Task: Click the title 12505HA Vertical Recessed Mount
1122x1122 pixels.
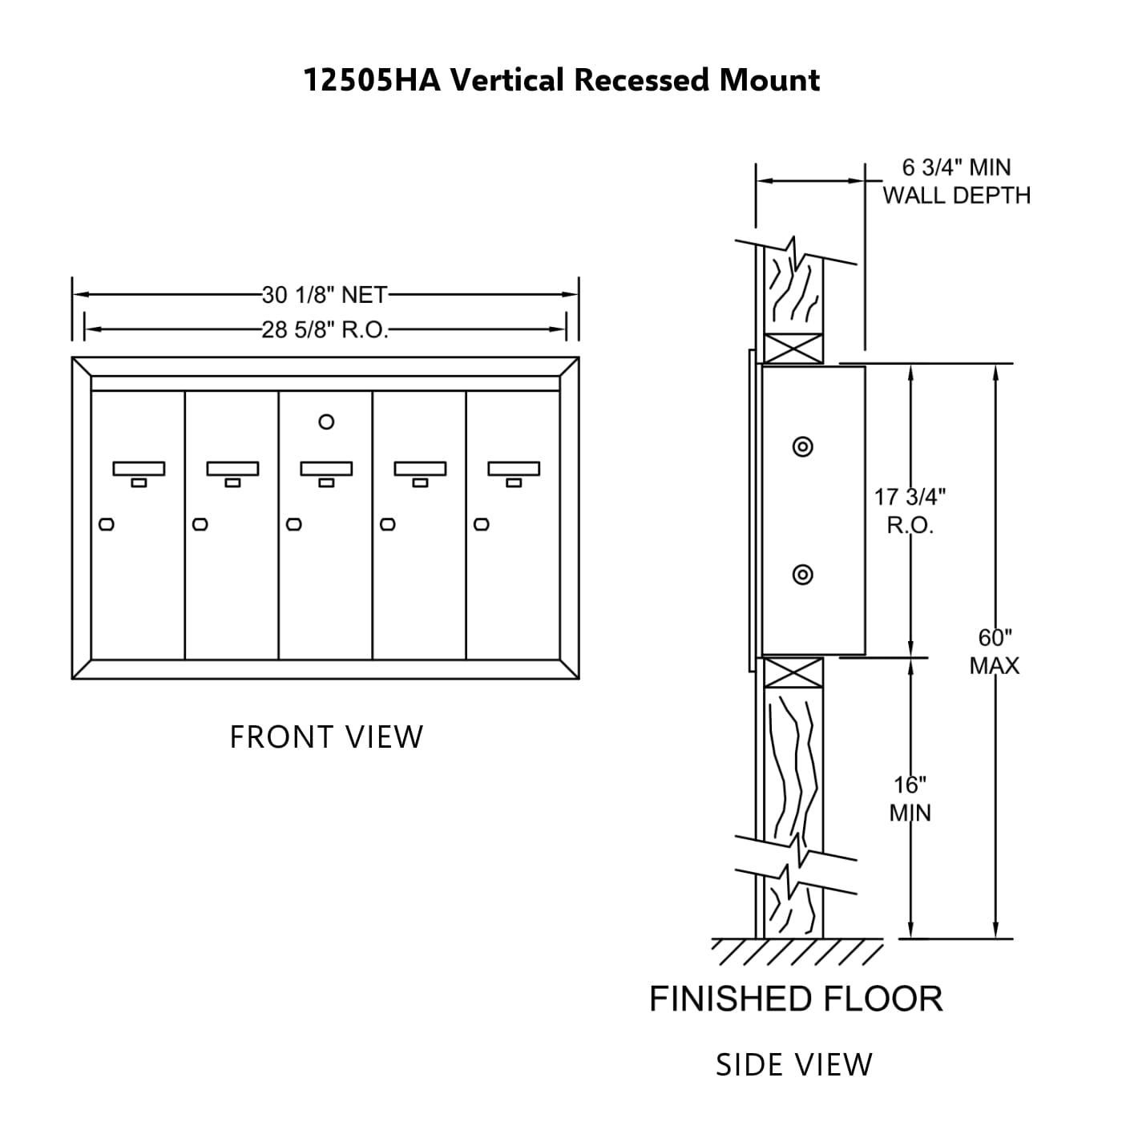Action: [x=561, y=80]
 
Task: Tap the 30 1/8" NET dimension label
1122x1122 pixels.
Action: [x=325, y=295]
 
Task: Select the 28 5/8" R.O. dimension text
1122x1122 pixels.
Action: [x=325, y=329]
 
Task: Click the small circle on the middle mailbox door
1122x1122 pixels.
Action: [x=326, y=422]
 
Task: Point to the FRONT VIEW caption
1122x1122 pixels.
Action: [x=326, y=737]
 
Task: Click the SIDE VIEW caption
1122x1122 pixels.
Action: [x=793, y=1065]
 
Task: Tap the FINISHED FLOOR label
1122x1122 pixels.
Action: [x=795, y=999]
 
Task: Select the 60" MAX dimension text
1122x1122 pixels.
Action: [x=995, y=651]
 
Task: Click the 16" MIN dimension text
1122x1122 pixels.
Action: [x=910, y=798]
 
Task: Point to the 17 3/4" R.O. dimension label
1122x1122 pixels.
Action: [x=910, y=511]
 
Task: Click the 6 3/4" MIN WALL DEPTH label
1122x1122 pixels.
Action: [x=956, y=181]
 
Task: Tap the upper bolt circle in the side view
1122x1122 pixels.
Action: [x=802, y=447]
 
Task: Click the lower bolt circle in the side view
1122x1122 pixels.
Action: [x=802, y=574]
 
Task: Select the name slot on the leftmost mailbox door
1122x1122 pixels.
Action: [x=139, y=468]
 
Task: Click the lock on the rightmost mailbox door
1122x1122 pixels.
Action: [x=482, y=525]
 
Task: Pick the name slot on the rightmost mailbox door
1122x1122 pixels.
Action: [x=514, y=468]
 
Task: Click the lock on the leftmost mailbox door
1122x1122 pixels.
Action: [x=107, y=525]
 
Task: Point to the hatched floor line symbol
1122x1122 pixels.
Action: [x=797, y=951]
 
